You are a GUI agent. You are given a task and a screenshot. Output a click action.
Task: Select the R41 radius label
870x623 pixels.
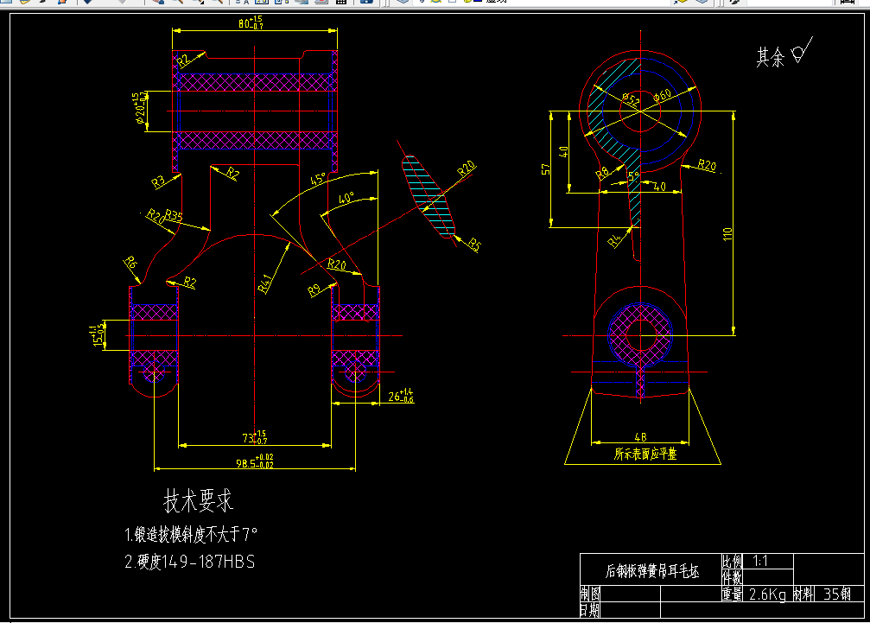click(x=265, y=283)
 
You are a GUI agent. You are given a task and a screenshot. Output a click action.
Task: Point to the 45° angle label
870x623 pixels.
click(x=318, y=179)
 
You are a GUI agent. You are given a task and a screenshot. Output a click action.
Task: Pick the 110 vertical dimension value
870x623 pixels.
click(x=727, y=233)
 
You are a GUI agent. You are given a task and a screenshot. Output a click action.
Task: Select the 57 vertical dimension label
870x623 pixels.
click(x=545, y=169)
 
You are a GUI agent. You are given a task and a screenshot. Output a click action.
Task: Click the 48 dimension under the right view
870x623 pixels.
click(x=640, y=437)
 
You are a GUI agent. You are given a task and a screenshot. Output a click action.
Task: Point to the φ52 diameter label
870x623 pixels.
click(x=631, y=101)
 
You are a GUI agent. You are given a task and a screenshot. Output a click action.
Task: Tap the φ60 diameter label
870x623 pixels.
click(x=663, y=95)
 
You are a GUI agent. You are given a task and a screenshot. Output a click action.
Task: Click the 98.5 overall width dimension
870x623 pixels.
click(x=251, y=463)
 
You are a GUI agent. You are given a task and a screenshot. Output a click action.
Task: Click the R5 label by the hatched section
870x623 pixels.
click(x=474, y=245)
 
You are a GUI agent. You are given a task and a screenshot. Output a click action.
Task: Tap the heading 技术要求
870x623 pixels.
click(x=199, y=500)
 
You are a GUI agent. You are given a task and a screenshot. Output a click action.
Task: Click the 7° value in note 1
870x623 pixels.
click(x=250, y=533)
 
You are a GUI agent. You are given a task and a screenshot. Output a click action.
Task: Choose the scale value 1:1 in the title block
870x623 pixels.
click(x=760, y=561)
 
